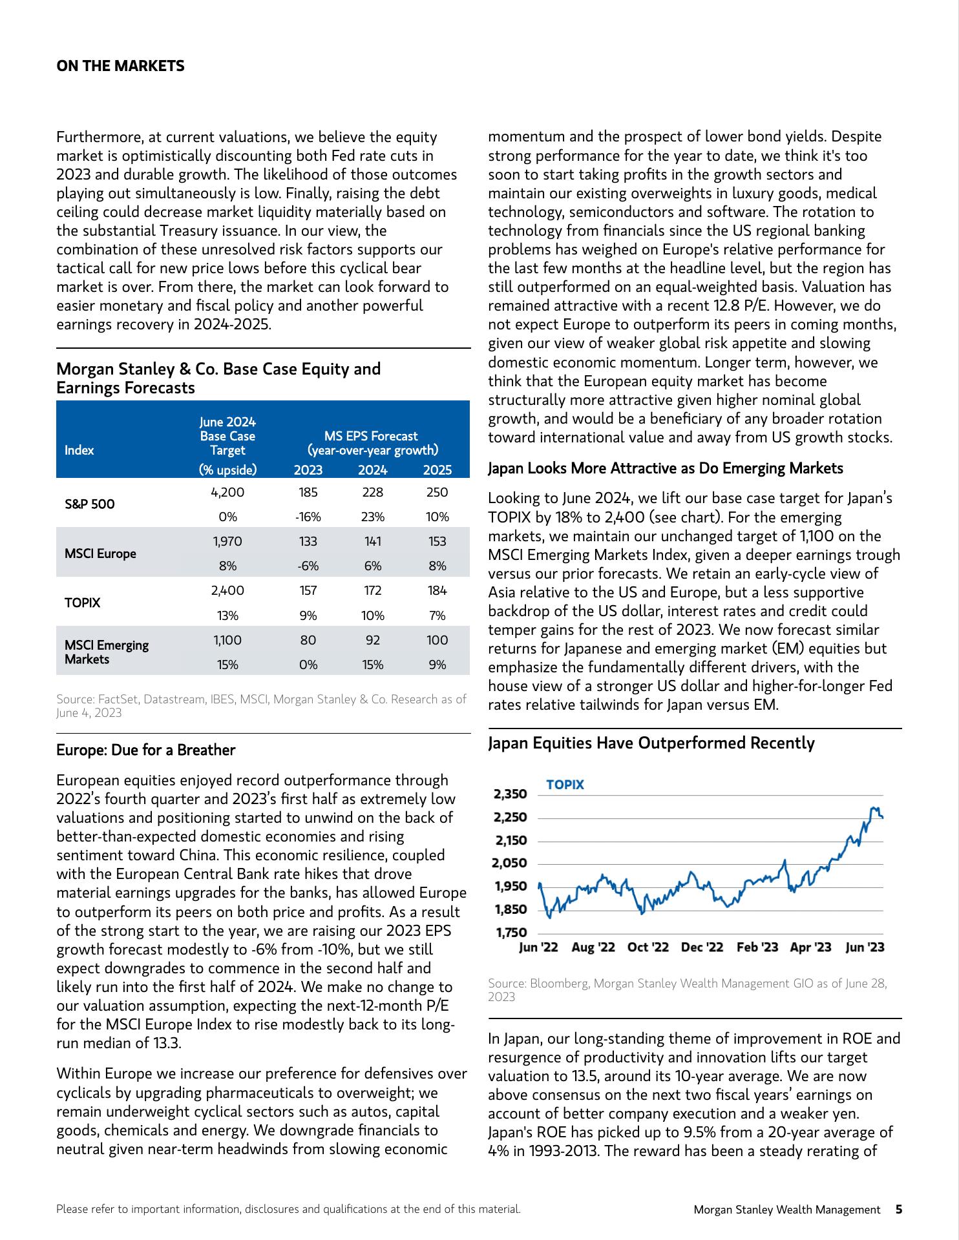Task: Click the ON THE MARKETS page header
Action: [120, 67]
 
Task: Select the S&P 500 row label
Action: [89, 504]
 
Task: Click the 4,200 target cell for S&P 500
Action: [227, 492]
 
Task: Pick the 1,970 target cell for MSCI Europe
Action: [227, 541]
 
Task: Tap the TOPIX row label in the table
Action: [82, 603]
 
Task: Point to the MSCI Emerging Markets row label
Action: [106, 652]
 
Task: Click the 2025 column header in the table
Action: [437, 470]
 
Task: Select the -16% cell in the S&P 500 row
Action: [308, 517]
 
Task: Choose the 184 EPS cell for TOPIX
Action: [437, 590]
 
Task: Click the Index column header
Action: [79, 450]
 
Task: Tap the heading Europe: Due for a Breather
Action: [145, 750]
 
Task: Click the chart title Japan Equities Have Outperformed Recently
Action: [651, 743]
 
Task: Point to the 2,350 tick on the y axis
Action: [510, 794]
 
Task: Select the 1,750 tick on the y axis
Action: [510, 932]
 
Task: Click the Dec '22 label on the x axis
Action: [702, 947]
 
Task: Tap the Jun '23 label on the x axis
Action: [865, 947]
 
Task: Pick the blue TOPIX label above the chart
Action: [565, 785]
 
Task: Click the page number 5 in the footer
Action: [899, 1209]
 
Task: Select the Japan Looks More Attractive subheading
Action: [665, 468]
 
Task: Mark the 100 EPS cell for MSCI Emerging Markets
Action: [437, 640]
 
